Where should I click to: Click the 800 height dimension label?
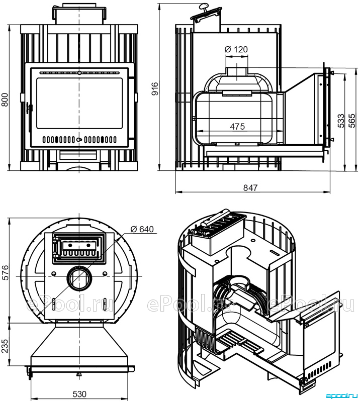pos(6,99)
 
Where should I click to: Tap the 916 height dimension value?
pos(155,89)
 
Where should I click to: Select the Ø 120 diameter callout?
pos(236,49)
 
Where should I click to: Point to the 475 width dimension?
pos(238,127)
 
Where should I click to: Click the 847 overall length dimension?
pos(250,188)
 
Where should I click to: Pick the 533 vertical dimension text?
pos(341,121)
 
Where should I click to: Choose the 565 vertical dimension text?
pos(352,121)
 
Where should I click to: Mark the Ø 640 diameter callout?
pos(142,229)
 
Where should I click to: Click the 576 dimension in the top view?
pos(6,272)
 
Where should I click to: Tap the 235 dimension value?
pos(6,346)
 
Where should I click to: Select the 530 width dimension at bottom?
pos(79,394)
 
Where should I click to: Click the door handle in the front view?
pos(29,109)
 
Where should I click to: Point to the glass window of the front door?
pos(79,104)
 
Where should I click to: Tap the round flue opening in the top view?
pos(79,278)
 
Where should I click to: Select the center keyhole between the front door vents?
pos(79,140)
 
